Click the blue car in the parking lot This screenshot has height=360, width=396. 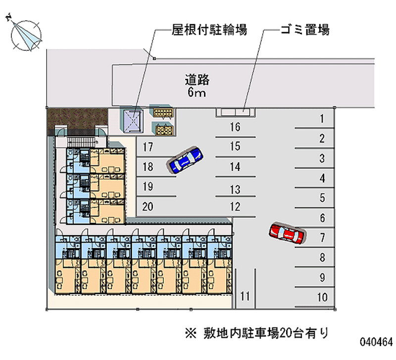coord(185,159)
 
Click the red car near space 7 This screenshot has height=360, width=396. coord(287,233)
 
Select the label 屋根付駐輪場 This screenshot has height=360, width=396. coord(209,30)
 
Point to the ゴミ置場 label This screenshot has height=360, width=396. coord(305,30)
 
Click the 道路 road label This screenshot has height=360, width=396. coord(197,80)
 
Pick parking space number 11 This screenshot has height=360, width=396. coord(245,296)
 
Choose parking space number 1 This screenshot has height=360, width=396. coord(322,118)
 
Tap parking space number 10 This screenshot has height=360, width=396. coord(322,297)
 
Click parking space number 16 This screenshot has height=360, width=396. coord(235,127)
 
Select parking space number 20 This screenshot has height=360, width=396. coord(148,206)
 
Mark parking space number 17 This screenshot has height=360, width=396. coord(148,147)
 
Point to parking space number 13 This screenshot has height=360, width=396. coord(235,190)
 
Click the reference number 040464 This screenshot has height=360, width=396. coord(376,342)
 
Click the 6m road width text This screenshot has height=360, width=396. coord(197,93)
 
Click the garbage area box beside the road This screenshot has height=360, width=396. coord(236,112)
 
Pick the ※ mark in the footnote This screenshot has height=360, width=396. coord(191,333)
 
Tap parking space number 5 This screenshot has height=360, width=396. coord(322,198)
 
